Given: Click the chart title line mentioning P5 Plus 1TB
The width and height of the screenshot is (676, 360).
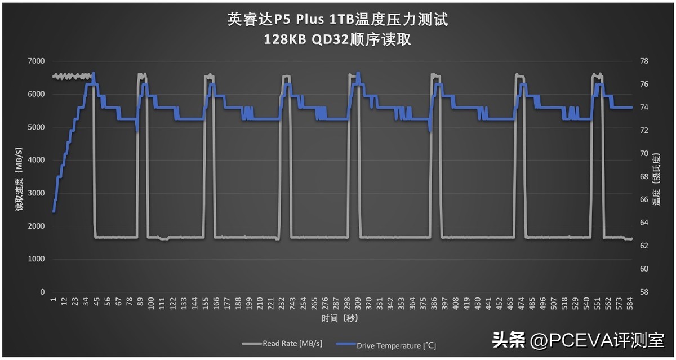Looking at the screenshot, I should [337, 20].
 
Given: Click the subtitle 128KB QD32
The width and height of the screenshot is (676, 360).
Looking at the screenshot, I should [337, 39].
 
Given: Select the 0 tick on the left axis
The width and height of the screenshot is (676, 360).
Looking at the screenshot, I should [42, 292].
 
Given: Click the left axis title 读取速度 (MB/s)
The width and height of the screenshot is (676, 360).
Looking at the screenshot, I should [19, 179].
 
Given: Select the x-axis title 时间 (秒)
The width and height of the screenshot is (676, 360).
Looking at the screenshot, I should [340, 318].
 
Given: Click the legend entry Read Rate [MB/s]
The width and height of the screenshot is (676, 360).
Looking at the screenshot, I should [282, 344].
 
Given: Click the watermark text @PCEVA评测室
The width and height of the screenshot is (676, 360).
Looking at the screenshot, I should [597, 340].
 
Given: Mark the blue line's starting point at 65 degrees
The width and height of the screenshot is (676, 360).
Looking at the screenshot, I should [54, 211].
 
